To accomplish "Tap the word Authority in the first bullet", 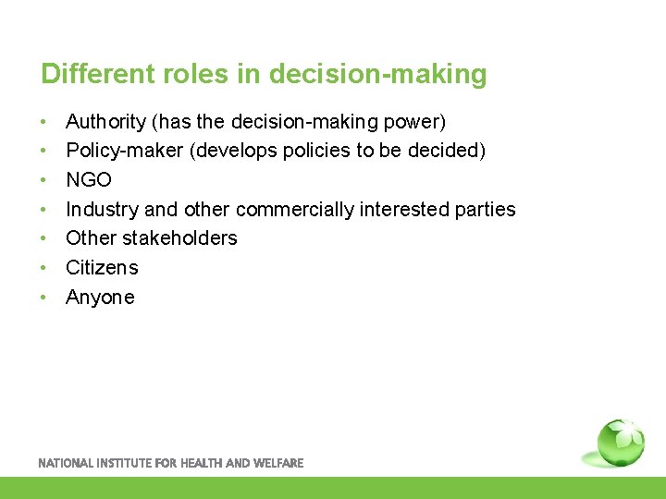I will (x=106, y=122).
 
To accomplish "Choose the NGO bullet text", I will (x=89, y=180).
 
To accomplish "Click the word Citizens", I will (x=102, y=268).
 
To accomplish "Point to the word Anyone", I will (x=100, y=298).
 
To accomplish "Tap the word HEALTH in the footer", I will (x=201, y=463).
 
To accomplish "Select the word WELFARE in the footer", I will (x=278, y=463).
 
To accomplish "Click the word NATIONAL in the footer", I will (x=64, y=463).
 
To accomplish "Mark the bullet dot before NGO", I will (x=43, y=180).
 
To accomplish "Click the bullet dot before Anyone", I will (x=43, y=298).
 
